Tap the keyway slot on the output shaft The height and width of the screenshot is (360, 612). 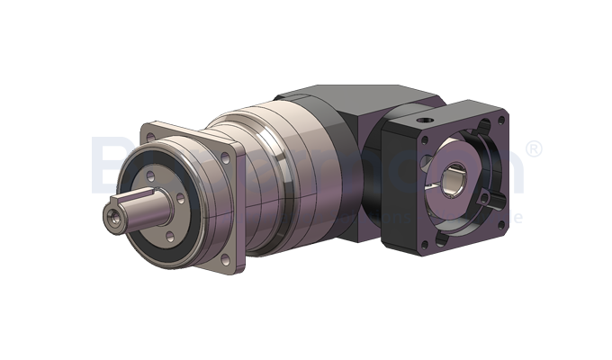[135, 197]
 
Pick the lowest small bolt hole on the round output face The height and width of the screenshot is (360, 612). [167, 236]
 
